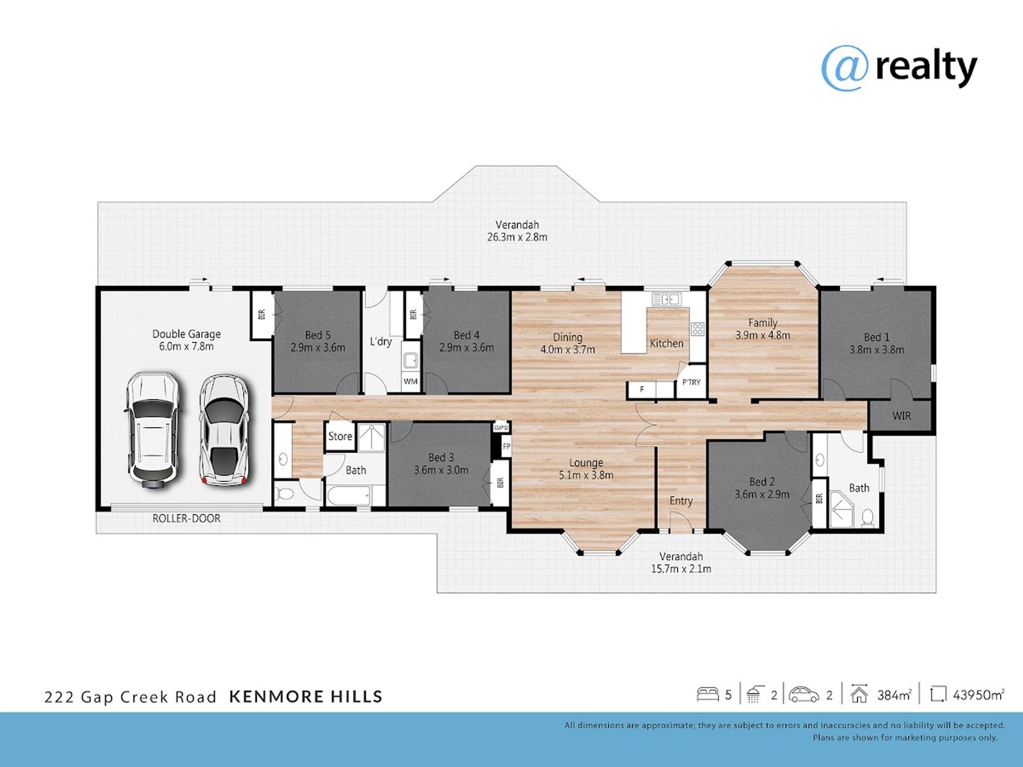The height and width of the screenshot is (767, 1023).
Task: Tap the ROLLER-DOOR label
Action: (x=186, y=518)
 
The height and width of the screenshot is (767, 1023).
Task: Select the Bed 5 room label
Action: (x=318, y=335)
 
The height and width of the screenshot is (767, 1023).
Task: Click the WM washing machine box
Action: (x=410, y=381)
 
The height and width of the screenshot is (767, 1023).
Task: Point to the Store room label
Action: (x=340, y=436)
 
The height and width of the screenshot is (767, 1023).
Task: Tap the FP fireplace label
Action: (x=506, y=446)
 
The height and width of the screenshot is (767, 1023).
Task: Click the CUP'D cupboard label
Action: (x=501, y=428)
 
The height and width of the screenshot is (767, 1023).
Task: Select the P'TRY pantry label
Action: (x=692, y=382)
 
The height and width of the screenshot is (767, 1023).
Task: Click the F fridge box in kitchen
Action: (x=642, y=389)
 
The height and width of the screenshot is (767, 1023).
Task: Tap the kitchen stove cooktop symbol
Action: (x=697, y=329)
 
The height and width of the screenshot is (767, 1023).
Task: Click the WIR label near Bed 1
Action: (x=902, y=416)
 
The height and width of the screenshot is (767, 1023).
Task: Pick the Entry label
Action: (x=681, y=501)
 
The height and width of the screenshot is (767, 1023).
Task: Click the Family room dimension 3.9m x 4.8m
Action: (x=762, y=336)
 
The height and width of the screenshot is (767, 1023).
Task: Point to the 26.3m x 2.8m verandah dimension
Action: (x=517, y=237)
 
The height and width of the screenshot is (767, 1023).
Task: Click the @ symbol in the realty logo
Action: (x=845, y=68)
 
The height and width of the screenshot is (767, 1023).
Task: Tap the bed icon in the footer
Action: (x=708, y=694)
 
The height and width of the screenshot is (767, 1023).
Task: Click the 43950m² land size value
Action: (x=978, y=695)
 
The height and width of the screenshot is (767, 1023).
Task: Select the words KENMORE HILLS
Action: (x=306, y=697)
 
